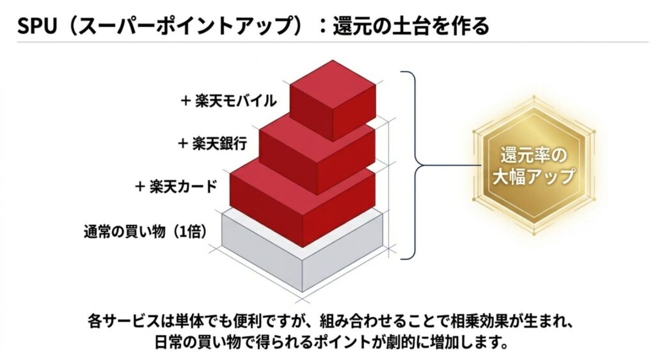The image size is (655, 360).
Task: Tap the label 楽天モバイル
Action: pos(235,100)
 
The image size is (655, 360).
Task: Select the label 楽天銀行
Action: pos(219,142)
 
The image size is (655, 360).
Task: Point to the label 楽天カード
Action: pos(183,186)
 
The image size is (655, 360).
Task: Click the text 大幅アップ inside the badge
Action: pos(533,177)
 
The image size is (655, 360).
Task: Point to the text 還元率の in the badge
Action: pos(533,155)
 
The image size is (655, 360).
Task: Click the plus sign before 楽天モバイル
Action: pos(185,100)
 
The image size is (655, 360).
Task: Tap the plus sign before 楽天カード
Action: pos(139,186)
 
